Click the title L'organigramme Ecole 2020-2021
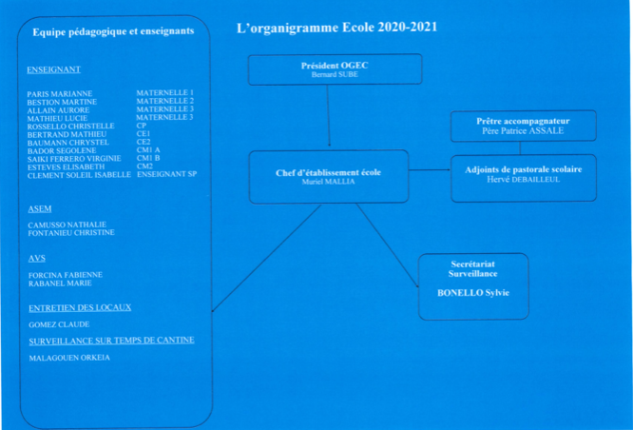pos(336,27)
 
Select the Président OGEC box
pos(335,68)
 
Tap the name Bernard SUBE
pos(335,74)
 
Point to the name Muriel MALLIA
pos(328,181)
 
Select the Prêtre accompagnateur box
pos(523,126)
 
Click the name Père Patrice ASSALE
pos(523,130)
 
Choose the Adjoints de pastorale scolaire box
pos(524,177)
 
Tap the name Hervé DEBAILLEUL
pos(524,179)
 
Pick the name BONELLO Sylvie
pos(473,293)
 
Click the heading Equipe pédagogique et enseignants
pos(113,32)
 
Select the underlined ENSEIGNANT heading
pos(54,69)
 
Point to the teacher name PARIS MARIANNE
pos(61,94)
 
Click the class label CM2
pos(145,166)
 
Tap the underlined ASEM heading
pos(40,208)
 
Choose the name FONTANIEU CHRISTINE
pos(71,232)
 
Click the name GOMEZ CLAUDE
pos(59,324)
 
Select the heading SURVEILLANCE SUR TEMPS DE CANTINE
pos(112,340)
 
